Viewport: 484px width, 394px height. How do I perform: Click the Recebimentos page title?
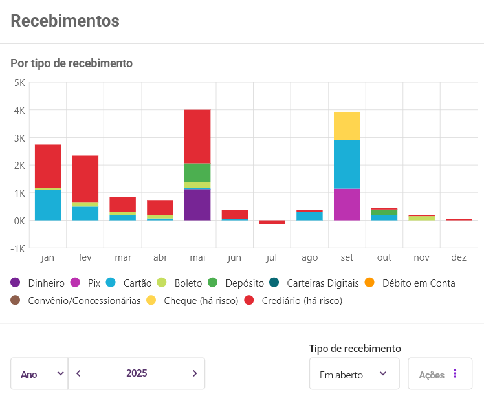point(65,21)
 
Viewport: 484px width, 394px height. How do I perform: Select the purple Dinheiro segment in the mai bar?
point(197,204)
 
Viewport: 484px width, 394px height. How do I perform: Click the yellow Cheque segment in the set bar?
point(347,126)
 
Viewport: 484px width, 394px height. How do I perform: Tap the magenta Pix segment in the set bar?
point(347,204)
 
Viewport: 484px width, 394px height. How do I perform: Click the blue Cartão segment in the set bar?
point(347,164)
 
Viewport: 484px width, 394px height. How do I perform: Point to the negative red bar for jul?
point(272,223)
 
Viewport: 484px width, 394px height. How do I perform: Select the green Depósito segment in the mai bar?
point(197,172)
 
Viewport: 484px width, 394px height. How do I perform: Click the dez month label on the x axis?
point(459,257)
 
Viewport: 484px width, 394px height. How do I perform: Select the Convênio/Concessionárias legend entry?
point(78,301)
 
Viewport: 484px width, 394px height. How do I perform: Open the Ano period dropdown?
point(39,374)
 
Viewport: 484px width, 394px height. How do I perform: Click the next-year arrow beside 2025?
point(194,373)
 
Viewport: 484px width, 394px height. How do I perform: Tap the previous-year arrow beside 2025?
point(78,373)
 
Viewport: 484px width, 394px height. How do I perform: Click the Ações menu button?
point(439,374)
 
